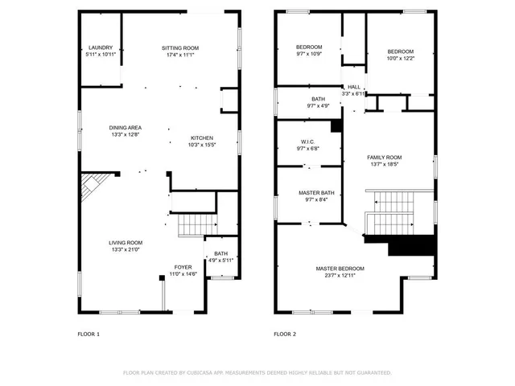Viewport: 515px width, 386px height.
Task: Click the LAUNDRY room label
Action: coord(101,48)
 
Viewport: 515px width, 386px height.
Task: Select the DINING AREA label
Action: coord(126,128)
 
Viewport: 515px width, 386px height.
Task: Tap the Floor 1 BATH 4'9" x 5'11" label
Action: coord(220,254)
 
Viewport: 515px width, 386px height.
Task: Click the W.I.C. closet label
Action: coord(308,140)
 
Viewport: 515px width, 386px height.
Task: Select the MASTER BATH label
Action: coord(308,192)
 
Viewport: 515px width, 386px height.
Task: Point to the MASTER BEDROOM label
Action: coord(340,269)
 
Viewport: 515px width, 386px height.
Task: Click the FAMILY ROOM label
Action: coord(384,158)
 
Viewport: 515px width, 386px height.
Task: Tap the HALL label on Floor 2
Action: coord(354,87)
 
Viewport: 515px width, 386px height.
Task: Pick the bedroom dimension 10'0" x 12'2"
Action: coord(400,59)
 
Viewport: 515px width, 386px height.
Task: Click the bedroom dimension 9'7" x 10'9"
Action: coord(308,55)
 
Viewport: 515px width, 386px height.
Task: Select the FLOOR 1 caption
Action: coord(89,333)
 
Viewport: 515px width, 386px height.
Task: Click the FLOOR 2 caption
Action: coord(285,333)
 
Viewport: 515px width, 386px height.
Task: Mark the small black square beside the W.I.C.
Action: coord(337,127)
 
